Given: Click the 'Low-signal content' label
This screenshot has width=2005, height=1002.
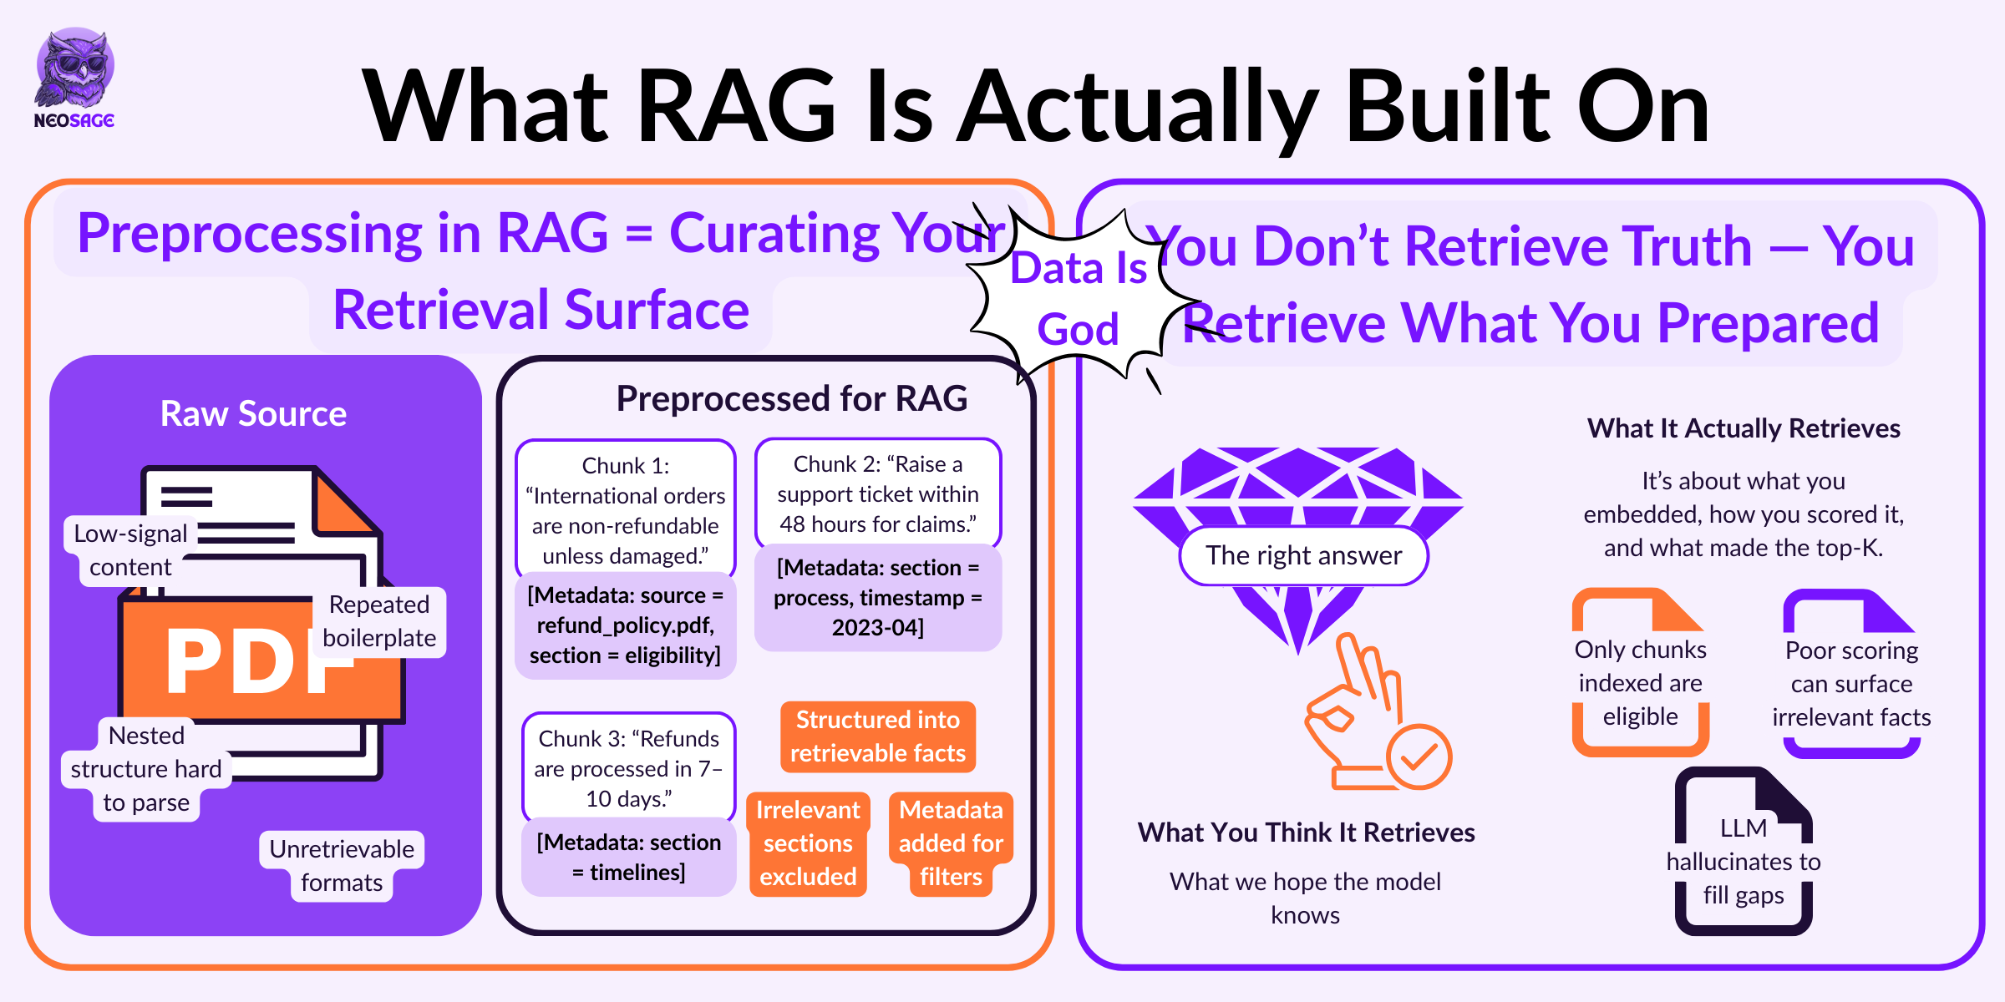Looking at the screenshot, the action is (x=130, y=550).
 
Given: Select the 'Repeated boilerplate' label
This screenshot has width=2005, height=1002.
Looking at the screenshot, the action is (x=379, y=621).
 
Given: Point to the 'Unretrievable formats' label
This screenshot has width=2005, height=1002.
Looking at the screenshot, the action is (x=342, y=866).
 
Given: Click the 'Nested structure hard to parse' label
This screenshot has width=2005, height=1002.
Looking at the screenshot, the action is (x=146, y=769).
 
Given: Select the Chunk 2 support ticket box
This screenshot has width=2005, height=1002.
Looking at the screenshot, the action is (x=878, y=493).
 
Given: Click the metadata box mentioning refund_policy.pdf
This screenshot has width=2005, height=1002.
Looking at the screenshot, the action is (x=626, y=625).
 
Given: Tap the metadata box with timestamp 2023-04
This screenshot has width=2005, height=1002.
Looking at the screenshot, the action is (x=878, y=598).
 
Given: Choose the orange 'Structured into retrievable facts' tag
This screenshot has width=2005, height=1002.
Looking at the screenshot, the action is (x=878, y=736).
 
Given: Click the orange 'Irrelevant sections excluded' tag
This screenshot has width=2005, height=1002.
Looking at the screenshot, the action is (x=808, y=843).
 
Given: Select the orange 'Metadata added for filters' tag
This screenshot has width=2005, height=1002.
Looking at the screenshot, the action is (x=951, y=843).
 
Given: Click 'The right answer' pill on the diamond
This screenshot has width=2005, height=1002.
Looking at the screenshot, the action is (x=1303, y=555).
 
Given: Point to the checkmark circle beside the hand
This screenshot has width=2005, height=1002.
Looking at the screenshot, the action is (x=1419, y=757).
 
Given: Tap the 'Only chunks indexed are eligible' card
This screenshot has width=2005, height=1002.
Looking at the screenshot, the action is (x=1640, y=673).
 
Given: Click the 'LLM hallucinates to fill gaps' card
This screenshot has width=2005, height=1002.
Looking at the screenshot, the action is (x=1744, y=852).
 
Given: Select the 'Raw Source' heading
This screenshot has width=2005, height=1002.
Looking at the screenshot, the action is (x=253, y=413).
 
